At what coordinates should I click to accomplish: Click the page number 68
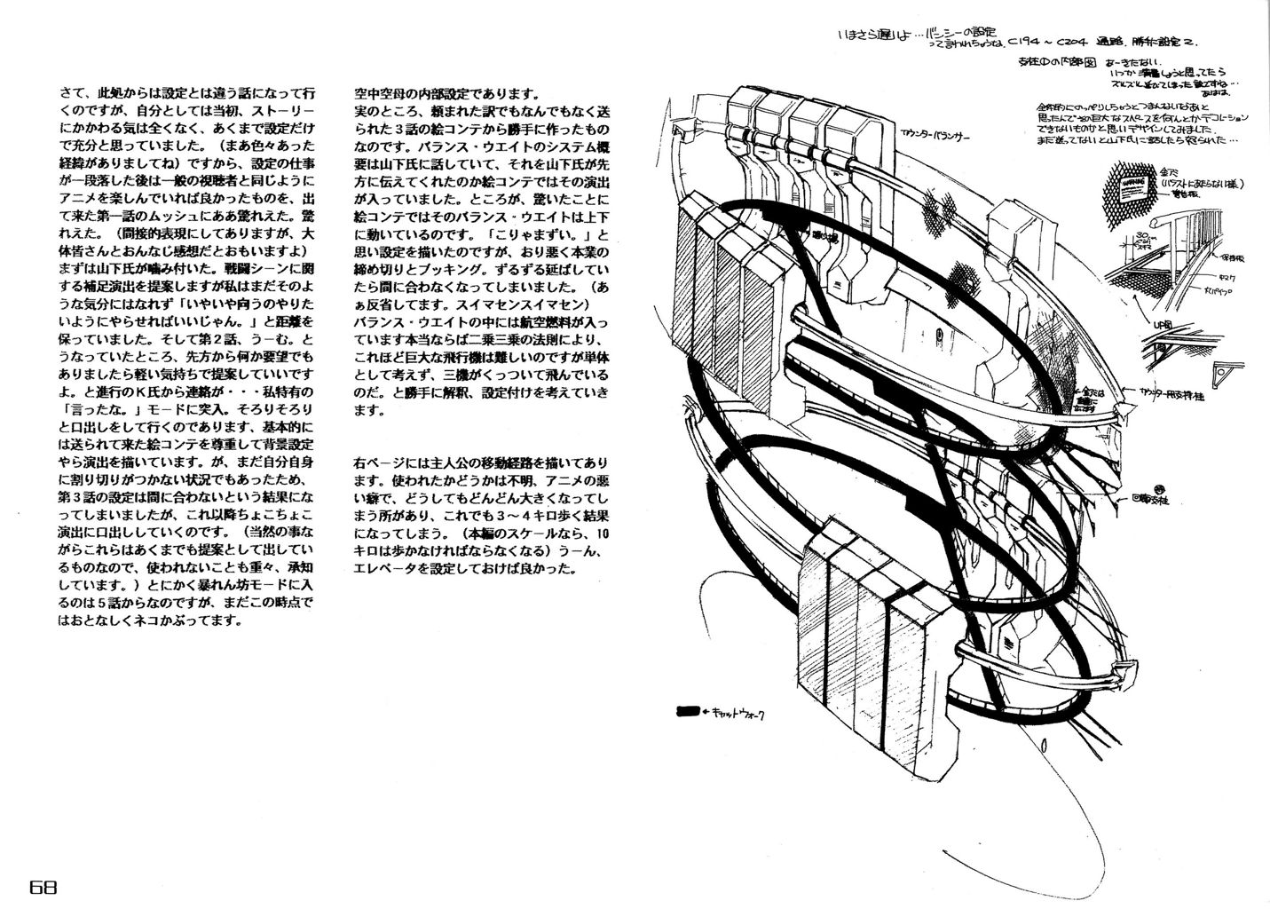[x=43, y=888]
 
